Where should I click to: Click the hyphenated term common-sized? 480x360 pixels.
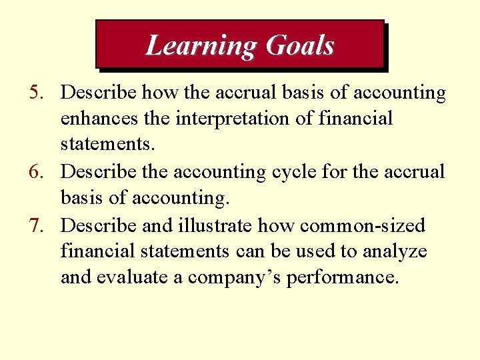point(363,225)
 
